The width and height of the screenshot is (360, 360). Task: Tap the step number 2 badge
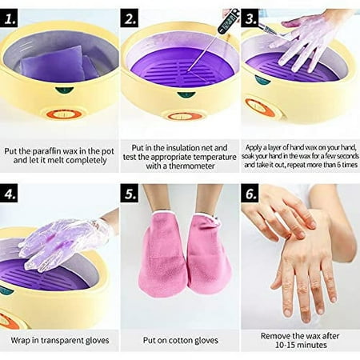coord(130,18)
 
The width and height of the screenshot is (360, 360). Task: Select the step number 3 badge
coord(250,18)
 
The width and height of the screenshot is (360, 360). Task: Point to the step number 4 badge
coord(9,193)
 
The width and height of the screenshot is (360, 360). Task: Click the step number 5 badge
coord(130,193)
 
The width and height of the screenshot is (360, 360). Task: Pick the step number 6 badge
coord(250,193)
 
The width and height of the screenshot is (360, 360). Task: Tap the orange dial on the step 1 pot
coord(64,114)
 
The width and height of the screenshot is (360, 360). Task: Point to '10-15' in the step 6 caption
coord(285,345)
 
